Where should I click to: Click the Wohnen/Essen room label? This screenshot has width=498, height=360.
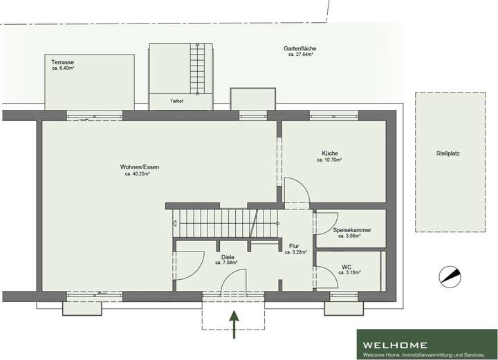[134, 167]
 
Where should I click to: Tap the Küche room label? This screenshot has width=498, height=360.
[330, 153]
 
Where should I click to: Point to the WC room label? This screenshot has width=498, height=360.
[347, 267]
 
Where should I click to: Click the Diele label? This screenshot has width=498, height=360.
[228, 257]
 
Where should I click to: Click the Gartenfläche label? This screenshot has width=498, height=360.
[300, 48]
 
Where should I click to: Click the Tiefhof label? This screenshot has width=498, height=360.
[178, 102]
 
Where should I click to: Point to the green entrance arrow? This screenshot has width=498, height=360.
[234, 325]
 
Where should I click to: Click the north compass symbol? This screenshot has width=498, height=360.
[449, 276]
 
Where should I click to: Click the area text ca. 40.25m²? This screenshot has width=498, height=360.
[134, 173]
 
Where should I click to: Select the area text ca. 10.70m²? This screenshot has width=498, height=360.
[330, 160]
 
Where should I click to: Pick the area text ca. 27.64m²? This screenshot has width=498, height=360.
[300, 55]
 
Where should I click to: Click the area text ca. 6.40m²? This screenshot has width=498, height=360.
[64, 68]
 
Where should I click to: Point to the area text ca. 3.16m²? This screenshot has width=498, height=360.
[347, 273]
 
